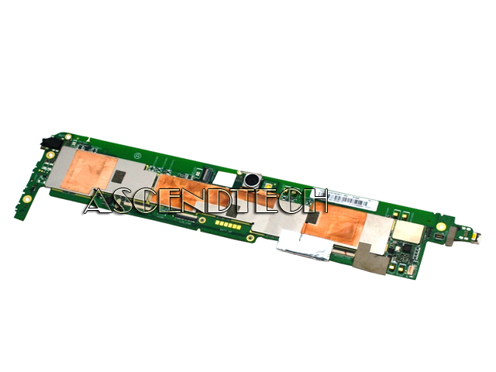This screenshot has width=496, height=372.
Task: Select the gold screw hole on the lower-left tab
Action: pyautogui.click(x=28, y=198)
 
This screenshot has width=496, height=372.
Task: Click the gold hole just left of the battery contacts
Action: pyautogui.click(x=201, y=219)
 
